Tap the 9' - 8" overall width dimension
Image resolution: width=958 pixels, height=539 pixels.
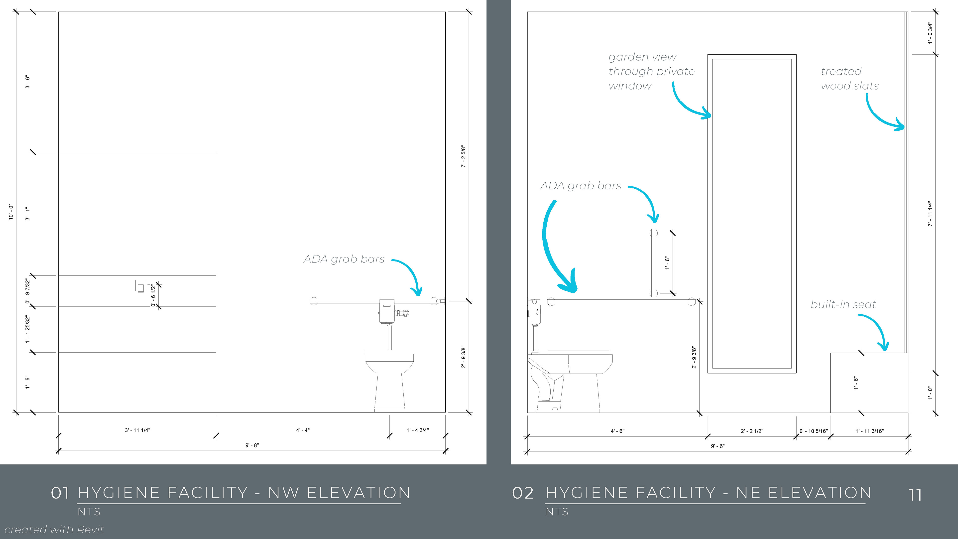(x=252, y=445)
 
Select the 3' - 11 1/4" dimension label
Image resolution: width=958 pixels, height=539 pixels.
(x=137, y=430)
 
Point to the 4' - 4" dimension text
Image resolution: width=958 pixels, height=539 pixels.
(x=303, y=430)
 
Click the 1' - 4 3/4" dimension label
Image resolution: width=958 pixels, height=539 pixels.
(x=418, y=430)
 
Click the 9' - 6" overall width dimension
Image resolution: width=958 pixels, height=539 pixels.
(x=718, y=446)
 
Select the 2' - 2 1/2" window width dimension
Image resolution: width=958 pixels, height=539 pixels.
(x=752, y=431)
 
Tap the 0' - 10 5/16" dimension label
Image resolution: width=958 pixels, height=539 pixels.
(x=813, y=431)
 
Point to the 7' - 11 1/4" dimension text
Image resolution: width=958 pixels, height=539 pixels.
(x=930, y=214)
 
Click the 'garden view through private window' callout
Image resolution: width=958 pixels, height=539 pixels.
(x=651, y=71)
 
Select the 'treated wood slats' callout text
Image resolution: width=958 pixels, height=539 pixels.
(x=849, y=79)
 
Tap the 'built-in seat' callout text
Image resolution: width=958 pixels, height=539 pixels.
(x=843, y=305)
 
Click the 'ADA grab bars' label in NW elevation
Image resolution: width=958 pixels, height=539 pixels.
(x=344, y=259)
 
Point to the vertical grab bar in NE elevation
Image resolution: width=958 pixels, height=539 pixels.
(x=653, y=263)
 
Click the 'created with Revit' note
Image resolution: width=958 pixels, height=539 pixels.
(x=54, y=529)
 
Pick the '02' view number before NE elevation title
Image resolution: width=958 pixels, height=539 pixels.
(x=522, y=493)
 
